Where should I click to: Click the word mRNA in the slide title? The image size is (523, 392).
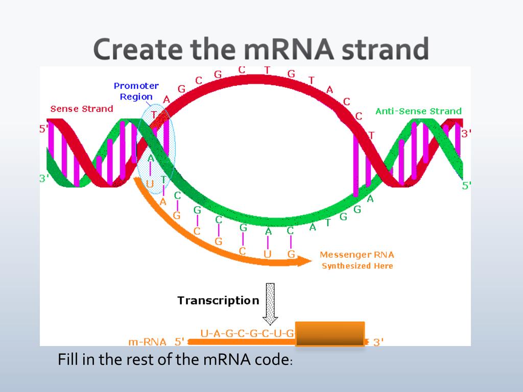[x=289, y=49]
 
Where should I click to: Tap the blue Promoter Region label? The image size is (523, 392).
[x=136, y=91]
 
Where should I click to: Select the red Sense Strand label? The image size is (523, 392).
[x=82, y=109]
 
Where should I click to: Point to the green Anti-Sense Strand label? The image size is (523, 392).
[x=419, y=111]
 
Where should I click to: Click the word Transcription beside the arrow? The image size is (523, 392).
[x=218, y=301]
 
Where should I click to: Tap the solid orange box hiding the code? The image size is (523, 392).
[x=330, y=334]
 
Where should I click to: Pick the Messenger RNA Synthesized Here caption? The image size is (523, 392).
[x=357, y=260]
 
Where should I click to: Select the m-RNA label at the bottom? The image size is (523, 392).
[x=147, y=342]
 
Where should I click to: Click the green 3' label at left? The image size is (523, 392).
[x=44, y=179]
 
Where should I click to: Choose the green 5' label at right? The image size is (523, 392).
[x=466, y=186]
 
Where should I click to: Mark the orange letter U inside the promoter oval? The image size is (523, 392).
[x=150, y=183]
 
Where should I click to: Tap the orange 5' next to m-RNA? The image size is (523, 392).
[x=179, y=342]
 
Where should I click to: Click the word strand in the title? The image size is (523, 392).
[x=386, y=49]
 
